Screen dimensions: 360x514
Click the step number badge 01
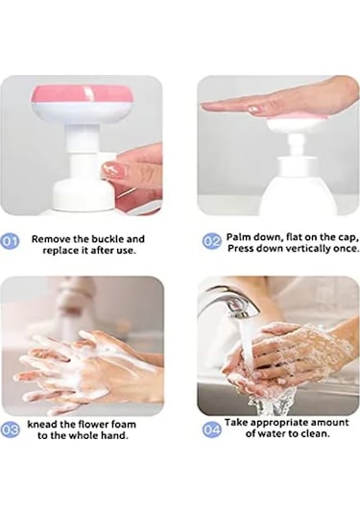pos(11,241)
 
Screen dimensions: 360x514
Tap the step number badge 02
pos(212,241)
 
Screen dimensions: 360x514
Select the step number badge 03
pos(11,430)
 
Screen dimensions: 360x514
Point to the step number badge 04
pos(211,430)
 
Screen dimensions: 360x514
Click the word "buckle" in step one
pos(107,239)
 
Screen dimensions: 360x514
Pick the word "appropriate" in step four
pos(279,423)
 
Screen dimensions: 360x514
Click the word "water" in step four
pos(272,433)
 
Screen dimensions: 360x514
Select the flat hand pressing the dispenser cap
pos(278,99)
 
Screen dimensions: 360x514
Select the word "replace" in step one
pos(60,251)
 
